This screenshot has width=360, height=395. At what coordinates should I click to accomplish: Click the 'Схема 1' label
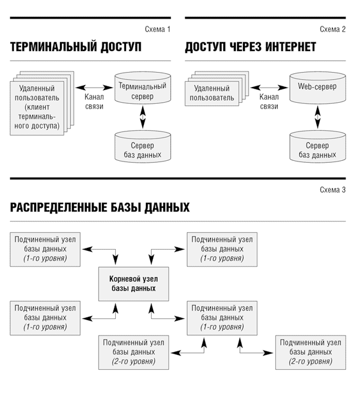158,29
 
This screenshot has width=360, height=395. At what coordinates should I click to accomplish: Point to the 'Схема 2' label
332,29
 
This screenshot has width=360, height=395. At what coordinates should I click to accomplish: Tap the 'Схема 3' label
332,190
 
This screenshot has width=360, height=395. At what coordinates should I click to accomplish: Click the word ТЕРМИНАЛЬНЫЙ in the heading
53,47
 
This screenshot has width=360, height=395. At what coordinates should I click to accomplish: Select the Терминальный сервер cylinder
143,88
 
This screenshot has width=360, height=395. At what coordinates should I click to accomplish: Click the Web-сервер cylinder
317,88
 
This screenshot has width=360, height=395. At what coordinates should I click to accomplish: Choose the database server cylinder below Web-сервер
317,146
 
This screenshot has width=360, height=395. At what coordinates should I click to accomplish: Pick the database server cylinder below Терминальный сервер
143,146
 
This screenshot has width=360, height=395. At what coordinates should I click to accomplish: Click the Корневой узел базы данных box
133,284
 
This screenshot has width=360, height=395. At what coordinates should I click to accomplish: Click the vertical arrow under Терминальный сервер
143,117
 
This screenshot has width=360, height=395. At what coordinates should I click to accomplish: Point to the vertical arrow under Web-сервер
318,117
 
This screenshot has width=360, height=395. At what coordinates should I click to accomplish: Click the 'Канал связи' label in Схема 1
94,101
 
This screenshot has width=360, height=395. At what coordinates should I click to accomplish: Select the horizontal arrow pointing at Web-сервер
269,88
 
